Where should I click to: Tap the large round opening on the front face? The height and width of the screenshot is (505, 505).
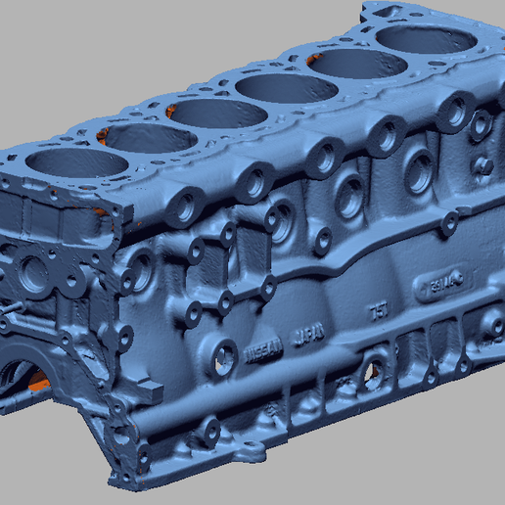tap(34, 275)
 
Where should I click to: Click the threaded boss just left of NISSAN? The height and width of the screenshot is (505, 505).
tap(224, 356)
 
